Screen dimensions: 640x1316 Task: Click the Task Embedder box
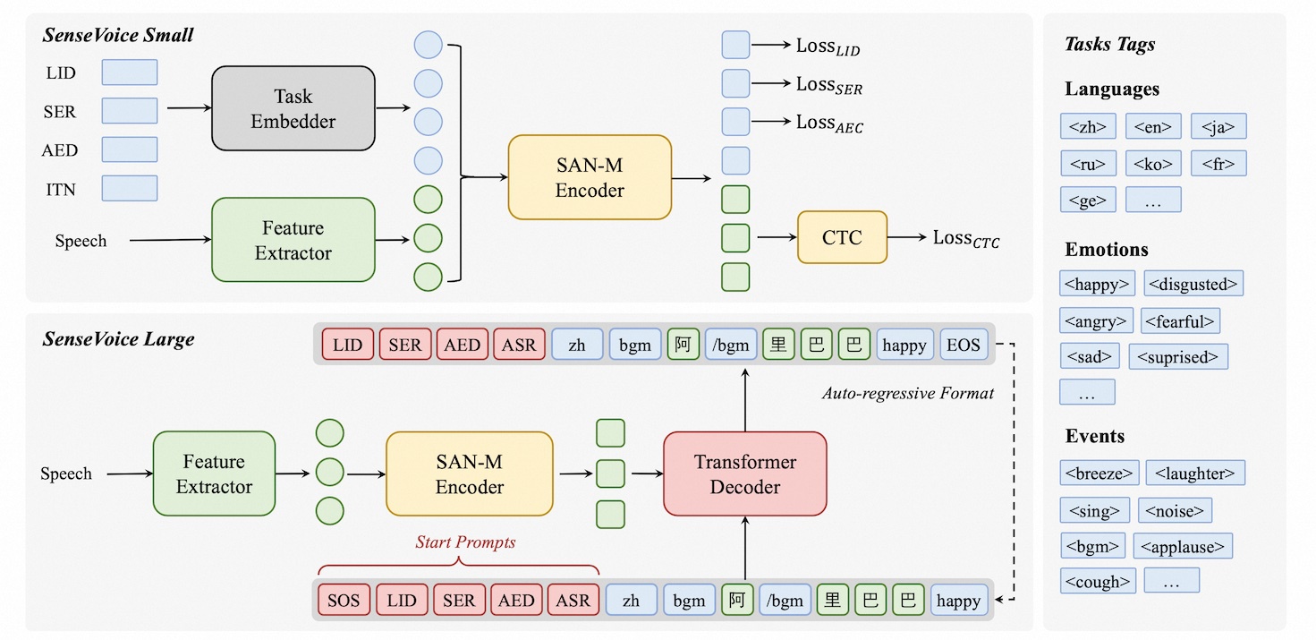[x=293, y=107]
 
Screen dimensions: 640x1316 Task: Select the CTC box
[x=842, y=237]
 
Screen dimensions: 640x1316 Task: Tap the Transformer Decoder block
[x=744, y=474]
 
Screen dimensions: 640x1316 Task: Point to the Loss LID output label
[x=828, y=45]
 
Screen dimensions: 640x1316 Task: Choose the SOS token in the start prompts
[x=344, y=601]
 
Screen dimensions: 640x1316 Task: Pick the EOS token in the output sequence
[x=964, y=345]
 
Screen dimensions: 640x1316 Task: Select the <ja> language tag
[x=1218, y=126]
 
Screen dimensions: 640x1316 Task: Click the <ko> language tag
[x=1153, y=163]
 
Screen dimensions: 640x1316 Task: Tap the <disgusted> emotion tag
[x=1193, y=284]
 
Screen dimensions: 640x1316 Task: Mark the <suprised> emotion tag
[x=1178, y=356]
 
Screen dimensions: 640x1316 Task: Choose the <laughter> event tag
[x=1194, y=473]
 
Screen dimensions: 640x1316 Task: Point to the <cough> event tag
[x=1098, y=580]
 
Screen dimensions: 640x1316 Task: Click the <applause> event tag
[x=1183, y=545]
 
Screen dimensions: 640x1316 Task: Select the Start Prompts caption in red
[x=465, y=542]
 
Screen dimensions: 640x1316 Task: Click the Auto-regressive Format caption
[x=907, y=393]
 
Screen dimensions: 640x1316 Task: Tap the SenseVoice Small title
[x=117, y=37]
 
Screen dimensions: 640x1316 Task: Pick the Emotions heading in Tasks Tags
[x=1107, y=250]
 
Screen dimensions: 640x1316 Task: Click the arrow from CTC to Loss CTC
[x=908, y=238]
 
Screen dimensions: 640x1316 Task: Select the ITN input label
[x=60, y=189]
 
